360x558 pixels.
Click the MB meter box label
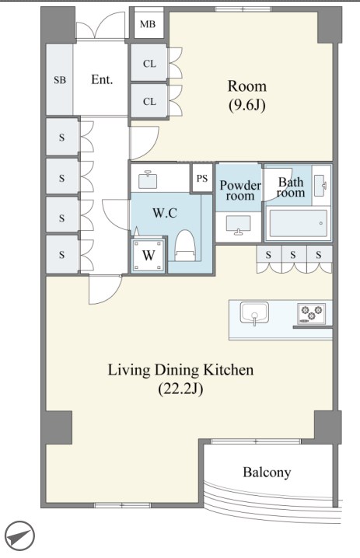point(148,24)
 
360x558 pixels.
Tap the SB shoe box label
point(60,80)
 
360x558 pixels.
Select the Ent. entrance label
point(102,79)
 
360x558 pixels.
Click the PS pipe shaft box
point(202,178)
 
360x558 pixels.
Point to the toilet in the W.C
point(185,245)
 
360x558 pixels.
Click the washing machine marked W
point(149,255)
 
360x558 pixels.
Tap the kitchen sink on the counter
point(254,313)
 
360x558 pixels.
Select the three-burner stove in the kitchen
point(311,313)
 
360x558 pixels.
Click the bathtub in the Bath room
point(298,224)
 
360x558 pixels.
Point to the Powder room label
point(240,190)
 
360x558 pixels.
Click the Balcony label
point(267,473)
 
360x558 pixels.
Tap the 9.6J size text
point(246,105)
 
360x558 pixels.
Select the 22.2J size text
point(180,389)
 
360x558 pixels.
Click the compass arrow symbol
point(20,536)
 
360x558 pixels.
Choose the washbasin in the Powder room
point(238,225)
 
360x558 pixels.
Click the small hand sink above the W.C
point(149,180)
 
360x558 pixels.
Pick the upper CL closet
point(149,63)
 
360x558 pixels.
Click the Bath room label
point(292,187)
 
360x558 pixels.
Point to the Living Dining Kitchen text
point(180,370)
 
